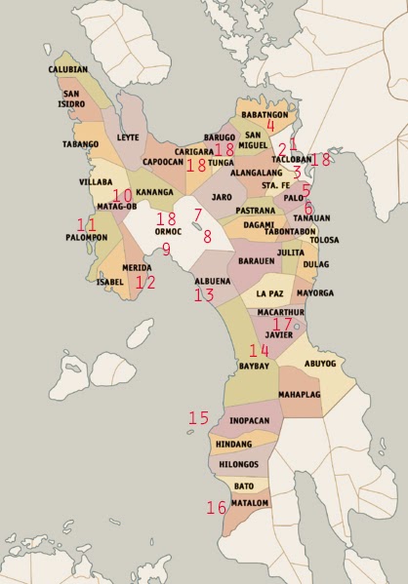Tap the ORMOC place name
coord(169,233)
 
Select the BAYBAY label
coord(255,366)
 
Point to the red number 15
coord(198,417)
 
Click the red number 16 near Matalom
coord(216,507)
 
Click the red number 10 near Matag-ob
coord(122,196)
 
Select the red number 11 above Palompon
coord(87,224)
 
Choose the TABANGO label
coord(80,144)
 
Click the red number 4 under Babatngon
coord(270,125)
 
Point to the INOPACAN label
coord(249,421)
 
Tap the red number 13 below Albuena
coord(203,294)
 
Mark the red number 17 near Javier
coord(282,324)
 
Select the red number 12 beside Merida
coord(144,282)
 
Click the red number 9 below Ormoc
coord(166,250)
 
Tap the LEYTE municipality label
coord(128,137)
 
